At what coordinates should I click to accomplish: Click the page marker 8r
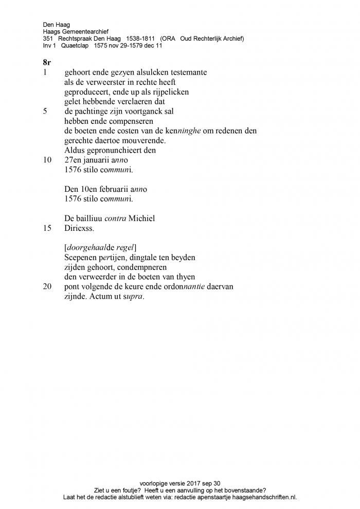tap(47, 63)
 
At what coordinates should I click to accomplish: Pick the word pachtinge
tap(95, 111)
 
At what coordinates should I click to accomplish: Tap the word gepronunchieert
tap(119, 150)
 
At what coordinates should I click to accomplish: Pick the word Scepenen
tap(81, 257)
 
